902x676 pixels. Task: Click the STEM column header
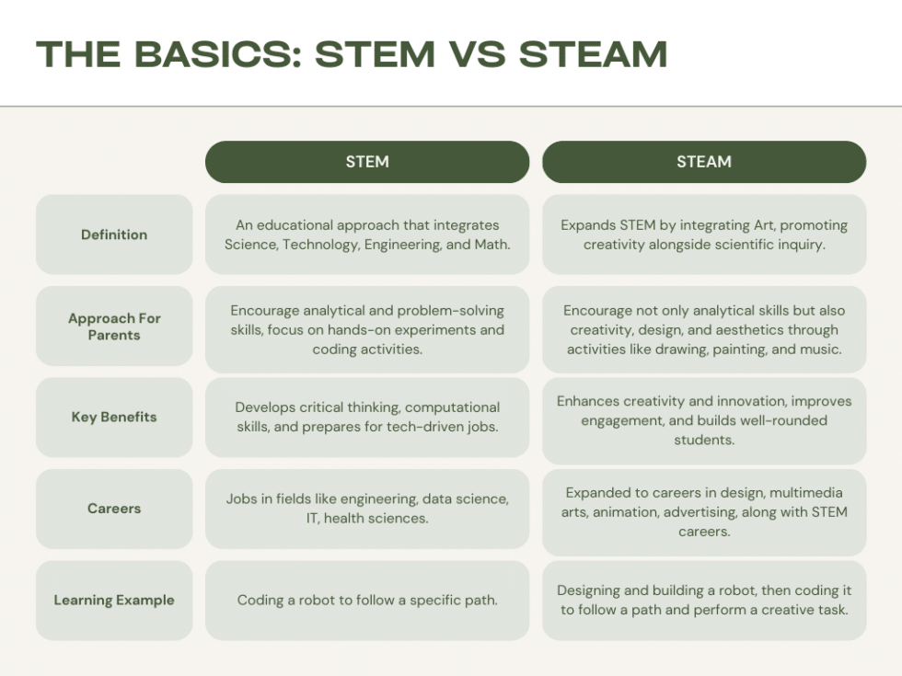click(367, 162)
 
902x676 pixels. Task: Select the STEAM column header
click(704, 162)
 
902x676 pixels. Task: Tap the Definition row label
click(114, 235)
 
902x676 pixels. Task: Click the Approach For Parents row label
click(114, 327)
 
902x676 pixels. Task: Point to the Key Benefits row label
click(114, 417)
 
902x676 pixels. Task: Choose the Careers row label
click(114, 509)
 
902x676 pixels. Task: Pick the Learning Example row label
click(114, 601)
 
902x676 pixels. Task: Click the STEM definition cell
click(367, 235)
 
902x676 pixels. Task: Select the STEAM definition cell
click(704, 235)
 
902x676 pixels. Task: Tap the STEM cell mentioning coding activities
click(367, 329)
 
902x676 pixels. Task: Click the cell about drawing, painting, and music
click(704, 329)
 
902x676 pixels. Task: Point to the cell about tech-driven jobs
click(367, 417)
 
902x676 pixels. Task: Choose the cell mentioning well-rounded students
click(704, 420)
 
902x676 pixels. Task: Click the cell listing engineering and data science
click(367, 509)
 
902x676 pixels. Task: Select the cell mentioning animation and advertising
click(704, 512)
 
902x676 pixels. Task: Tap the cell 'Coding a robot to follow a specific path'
click(367, 601)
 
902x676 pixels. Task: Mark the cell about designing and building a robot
click(704, 601)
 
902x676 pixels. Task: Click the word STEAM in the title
click(593, 54)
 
